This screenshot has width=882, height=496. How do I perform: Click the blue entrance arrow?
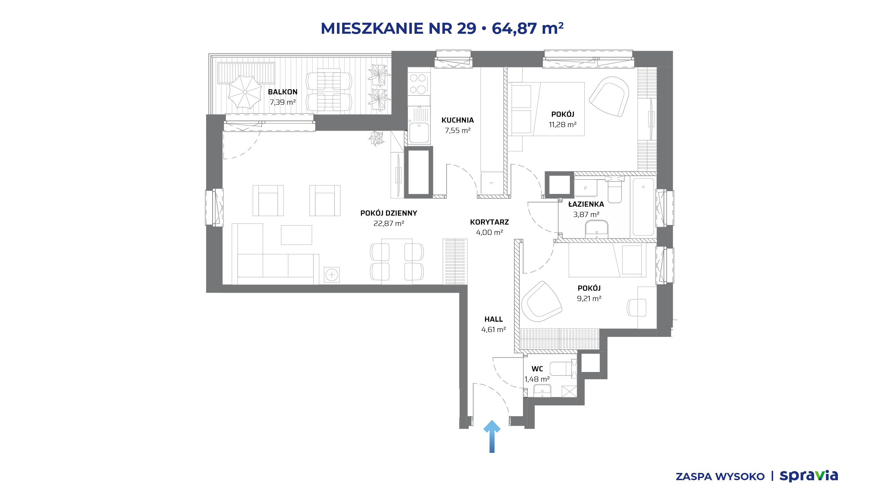pyautogui.click(x=492, y=436)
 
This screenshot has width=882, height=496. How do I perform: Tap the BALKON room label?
pyautogui.click(x=283, y=92)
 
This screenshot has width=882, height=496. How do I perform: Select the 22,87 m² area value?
pyautogui.click(x=389, y=224)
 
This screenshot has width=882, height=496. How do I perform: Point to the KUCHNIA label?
pyautogui.click(x=458, y=120)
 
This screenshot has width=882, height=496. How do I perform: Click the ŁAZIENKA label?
pyautogui.click(x=586, y=204)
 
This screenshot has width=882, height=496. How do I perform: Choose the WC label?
pyautogui.click(x=537, y=369)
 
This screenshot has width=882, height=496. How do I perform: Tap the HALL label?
pyautogui.click(x=493, y=319)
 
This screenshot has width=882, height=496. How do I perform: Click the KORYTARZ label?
pyautogui.click(x=489, y=222)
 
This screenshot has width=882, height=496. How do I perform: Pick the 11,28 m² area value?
pyautogui.click(x=563, y=125)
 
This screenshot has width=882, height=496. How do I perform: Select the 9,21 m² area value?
pyautogui.click(x=589, y=299)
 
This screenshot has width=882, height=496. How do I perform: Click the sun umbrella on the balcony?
pyautogui.click(x=245, y=92)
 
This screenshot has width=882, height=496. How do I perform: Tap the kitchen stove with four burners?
pyautogui.click(x=419, y=84)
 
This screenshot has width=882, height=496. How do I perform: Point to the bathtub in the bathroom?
pyautogui.click(x=643, y=207)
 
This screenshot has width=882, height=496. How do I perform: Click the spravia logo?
pyautogui.click(x=809, y=476)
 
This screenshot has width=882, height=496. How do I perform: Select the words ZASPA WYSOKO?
pyautogui.click(x=720, y=477)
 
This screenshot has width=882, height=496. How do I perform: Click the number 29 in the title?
pyautogui.click(x=466, y=28)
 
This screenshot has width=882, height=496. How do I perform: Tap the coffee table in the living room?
pyautogui.click(x=296, y=235)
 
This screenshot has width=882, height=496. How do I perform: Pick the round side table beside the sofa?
pyautogui.click(x=332, y=275)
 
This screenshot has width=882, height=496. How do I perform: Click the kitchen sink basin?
pyautogui.click(x=419, y=133)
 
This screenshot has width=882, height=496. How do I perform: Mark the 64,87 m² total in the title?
pyautogui.click(x=527, y=28)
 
